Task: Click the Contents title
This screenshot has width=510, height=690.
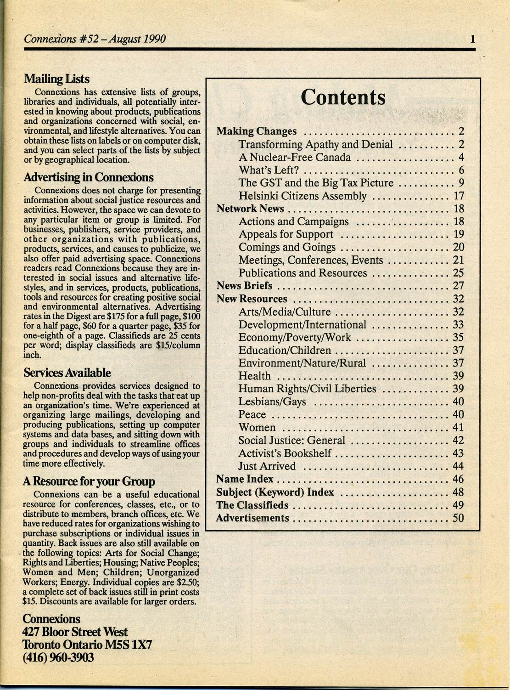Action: [x=343, y=97]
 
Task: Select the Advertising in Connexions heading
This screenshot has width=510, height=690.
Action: [x=88, y=177]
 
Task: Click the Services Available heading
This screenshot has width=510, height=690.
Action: [x=67, y=373]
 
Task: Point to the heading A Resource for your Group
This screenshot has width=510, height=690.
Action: [x=89, y=481]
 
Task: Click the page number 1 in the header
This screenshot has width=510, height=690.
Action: [x=472, y=39]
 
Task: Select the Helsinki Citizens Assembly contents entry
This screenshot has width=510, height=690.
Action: [x=302, y=196]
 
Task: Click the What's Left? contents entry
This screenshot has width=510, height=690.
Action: [x=269, y=170]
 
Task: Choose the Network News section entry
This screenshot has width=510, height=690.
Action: [x=250, y=209]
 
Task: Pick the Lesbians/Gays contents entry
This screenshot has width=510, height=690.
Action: [x=272, y=402]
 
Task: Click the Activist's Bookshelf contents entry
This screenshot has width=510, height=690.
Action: [x=285, y=453]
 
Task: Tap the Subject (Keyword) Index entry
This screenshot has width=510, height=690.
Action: [x=275, y=492]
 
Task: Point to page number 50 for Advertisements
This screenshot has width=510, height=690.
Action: [x=458, y=518]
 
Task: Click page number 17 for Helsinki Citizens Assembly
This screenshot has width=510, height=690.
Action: [x=459, y=196]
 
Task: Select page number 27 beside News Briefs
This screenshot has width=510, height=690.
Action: [x=458, y=286]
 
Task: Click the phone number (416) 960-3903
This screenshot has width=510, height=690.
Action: [x=58, y=658]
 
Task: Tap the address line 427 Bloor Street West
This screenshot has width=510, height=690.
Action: [x=75, y=632]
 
